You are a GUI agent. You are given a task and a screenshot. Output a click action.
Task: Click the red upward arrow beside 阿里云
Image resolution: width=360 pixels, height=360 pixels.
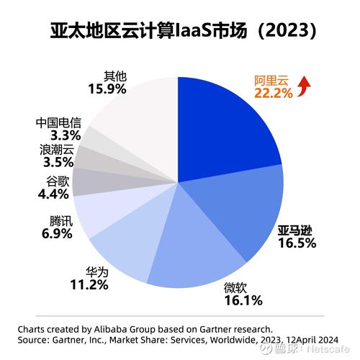[304, 87]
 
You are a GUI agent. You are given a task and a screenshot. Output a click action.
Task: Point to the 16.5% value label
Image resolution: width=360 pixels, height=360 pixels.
[297, 243]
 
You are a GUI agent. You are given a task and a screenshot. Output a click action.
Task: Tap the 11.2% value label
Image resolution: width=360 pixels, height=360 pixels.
[89, 286]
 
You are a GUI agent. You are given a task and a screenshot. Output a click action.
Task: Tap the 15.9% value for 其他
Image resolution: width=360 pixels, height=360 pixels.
[107, 90]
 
